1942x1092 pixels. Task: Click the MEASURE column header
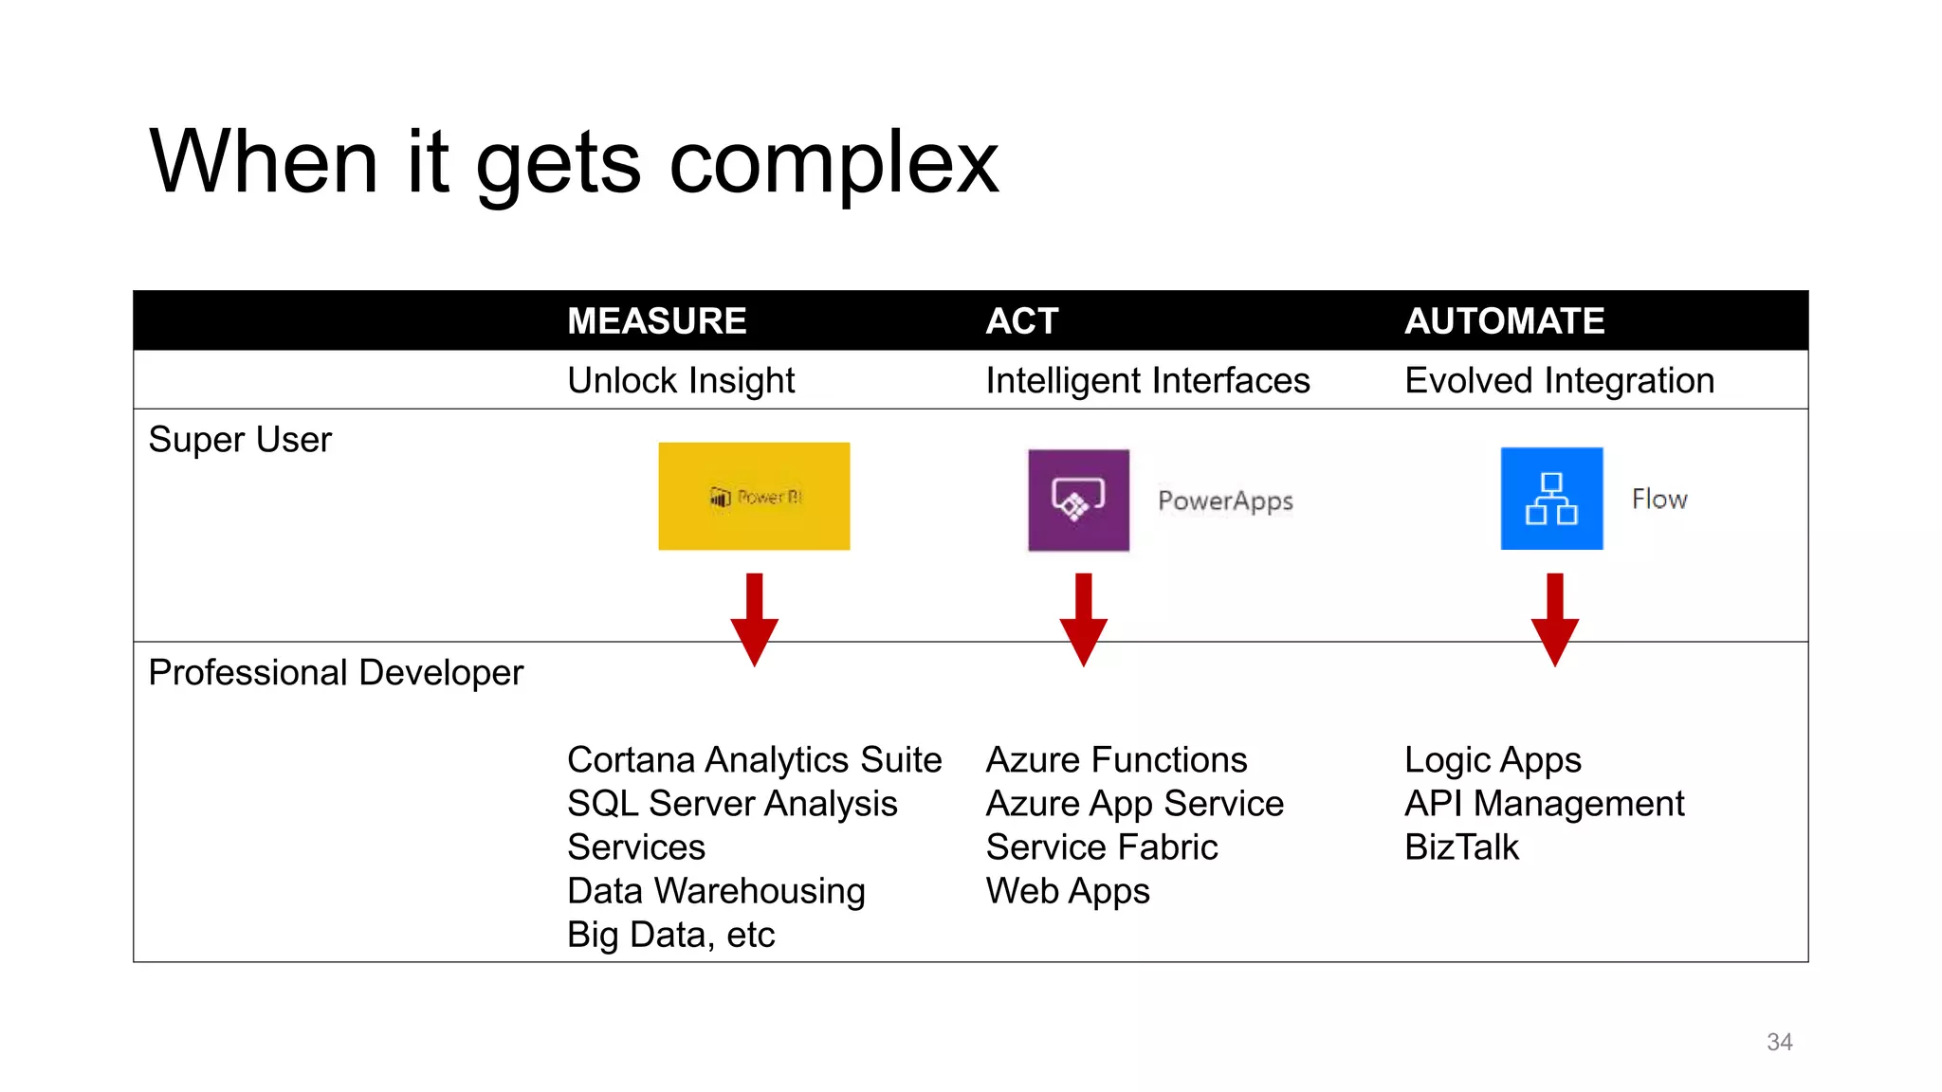[x=656, y=321]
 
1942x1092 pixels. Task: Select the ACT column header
[x=1021, y=321]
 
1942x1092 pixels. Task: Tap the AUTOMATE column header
[x=1504, y=321]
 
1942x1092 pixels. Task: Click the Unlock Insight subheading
[x=680, y=381]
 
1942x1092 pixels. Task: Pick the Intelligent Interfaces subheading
[x=1147, y=381]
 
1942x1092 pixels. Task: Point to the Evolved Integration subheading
[x=1559, y=381]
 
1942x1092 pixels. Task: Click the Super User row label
[x=240, y=440]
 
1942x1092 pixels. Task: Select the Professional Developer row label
[x=336, y=673]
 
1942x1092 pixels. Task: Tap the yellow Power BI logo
[x=754, y=496]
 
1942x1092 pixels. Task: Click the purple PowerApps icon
[x=1078, y=500]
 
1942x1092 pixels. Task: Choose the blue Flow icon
[x=1551, y=499]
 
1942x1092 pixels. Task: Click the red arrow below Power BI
[x=754, y=621]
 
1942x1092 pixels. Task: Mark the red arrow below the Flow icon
[x=1554, y=621]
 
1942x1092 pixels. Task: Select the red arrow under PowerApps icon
[x=1083, y=621]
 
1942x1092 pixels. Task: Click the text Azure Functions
[x=1116, y=760]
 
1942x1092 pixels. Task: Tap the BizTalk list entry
[x=1461, y=847]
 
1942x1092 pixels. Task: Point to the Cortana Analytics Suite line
[x=754, y=760]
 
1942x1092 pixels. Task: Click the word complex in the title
[x=834, y=163]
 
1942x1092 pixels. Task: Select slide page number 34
[x=1779, y=1042]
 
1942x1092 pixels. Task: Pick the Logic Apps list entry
[x=1493, y=760]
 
